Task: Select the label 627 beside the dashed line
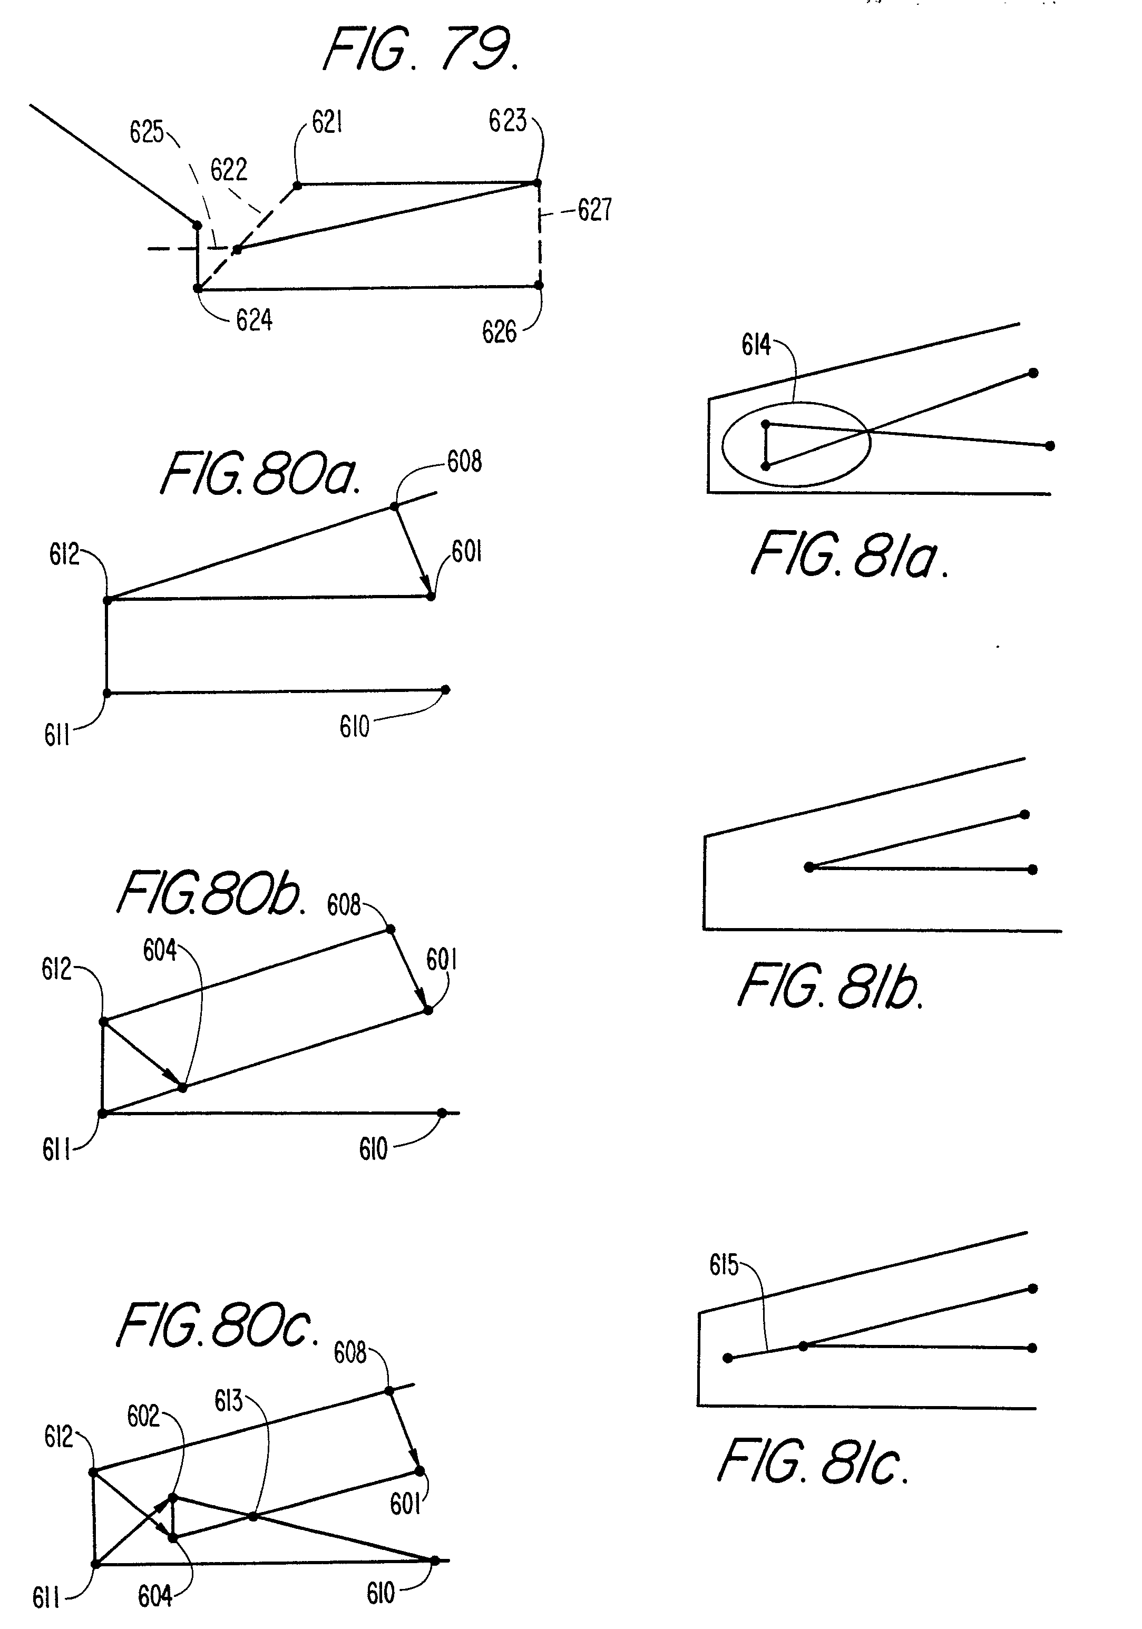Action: [594, 210]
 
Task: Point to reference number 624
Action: [254, 321]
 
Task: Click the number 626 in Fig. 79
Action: [500, 332]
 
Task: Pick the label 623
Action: [507, 121]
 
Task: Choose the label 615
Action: [724, 1265]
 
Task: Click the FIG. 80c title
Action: [217, 1326]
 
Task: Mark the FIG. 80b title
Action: [211, 893]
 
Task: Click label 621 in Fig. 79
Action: [327, 123]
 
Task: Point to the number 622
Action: [228, 170]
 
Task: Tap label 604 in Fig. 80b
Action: [160, 951]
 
